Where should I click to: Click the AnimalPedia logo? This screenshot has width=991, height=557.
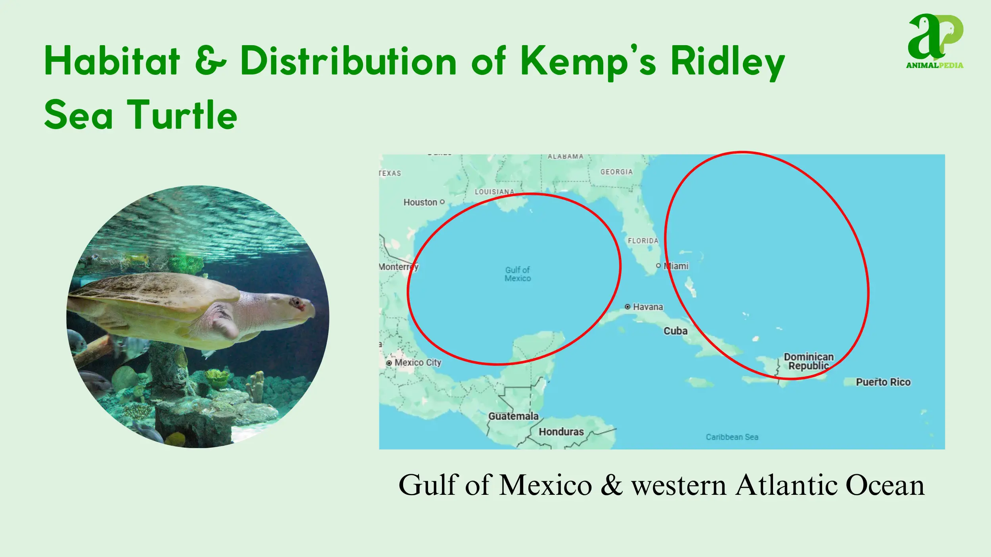point(935,41)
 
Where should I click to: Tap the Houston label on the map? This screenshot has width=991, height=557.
point(420,202)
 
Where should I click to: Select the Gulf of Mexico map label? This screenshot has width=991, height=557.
point(518,274)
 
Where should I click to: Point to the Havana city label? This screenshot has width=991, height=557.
point(648,307)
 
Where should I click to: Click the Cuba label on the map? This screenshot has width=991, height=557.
point(675,331)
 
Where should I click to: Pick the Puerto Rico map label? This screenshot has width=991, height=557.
point(883,382)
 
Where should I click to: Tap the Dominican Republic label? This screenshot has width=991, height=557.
point(809,361)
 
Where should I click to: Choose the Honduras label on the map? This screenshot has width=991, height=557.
point(561,432)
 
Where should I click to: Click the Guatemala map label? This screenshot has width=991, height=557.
point(513,416)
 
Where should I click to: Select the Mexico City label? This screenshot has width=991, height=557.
point(418,362)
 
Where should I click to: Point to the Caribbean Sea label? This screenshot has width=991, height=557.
point(732,437)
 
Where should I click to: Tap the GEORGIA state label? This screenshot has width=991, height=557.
point(616,172)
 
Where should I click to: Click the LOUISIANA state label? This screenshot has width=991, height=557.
point(494,192)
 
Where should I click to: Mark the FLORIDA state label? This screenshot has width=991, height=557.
point(643,241)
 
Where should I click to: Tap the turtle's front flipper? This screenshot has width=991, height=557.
point(224,321)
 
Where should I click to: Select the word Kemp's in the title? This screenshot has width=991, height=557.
point(589,61)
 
